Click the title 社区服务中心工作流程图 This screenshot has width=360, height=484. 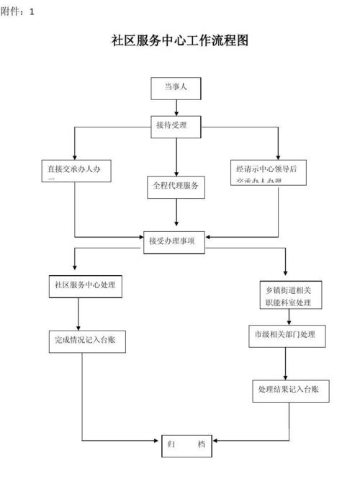pyautogui.click(x=180, y=40)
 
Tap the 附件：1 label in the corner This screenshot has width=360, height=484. pyautogui.click(x=17, y=11)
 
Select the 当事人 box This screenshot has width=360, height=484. pyautogui.click(x=176, y=88)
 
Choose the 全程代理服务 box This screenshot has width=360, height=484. pyautogui.click(x=176, y=186)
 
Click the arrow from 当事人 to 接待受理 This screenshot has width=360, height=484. pyautogui.click(x=176, y=107)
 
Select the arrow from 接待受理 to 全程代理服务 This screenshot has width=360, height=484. pyautogui.click(x=176, y=155)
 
